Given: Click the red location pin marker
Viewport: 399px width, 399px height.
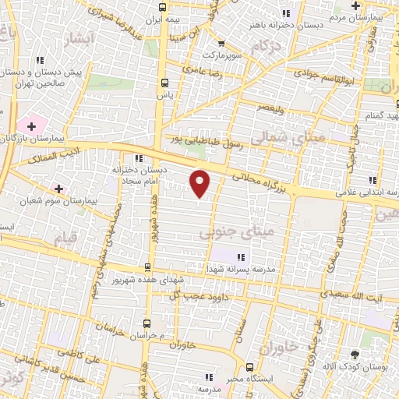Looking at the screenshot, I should point(201,183).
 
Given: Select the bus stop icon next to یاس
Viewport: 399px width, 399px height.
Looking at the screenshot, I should point(164,82).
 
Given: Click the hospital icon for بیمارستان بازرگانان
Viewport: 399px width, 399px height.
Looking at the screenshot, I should point(32,125).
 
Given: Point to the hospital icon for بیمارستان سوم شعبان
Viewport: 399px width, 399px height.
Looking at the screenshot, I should point(58,188).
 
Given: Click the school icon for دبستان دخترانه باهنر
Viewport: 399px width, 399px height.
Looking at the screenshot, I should point(286,13).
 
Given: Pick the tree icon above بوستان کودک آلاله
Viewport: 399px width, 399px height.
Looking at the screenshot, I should point(355,355).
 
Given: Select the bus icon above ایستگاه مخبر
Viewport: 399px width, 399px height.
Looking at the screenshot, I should point(249,366).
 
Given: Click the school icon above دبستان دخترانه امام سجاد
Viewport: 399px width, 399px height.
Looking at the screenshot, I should point(139,157).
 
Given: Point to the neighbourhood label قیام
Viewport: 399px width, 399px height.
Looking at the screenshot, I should point(68,235).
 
